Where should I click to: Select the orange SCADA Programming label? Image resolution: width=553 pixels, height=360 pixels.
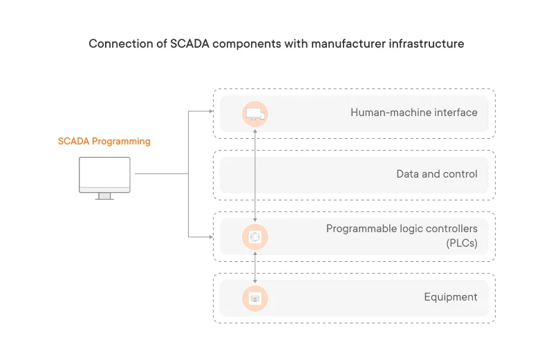[104, 141]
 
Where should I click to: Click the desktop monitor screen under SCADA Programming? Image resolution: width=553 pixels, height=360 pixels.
[104, 172]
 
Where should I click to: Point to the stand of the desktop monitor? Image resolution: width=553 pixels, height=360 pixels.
[104, 196]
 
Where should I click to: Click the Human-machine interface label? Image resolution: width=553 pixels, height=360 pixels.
[413, 112]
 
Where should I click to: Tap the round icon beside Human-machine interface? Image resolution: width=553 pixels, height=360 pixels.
[255, 113]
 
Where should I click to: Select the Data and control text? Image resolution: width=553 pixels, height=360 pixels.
[436, 174]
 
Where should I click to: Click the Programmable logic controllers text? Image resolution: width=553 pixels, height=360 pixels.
[402, 229]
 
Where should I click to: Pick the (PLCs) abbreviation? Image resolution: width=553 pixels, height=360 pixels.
[461, 243]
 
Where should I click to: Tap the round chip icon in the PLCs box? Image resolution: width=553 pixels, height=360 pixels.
[255, 237]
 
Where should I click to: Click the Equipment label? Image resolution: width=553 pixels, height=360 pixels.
[450, 297]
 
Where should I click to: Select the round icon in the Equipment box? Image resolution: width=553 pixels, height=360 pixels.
[255, 299]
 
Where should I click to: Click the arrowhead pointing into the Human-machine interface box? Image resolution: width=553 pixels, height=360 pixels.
[210, 111]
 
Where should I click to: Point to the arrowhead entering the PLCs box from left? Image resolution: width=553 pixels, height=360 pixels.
[210, 237]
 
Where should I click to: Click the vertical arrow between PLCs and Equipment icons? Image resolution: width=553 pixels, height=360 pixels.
[256, 268]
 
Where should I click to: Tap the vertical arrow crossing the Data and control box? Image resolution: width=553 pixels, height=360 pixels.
[256, 175]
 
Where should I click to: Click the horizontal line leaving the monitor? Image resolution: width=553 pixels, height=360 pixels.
[160, 174]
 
